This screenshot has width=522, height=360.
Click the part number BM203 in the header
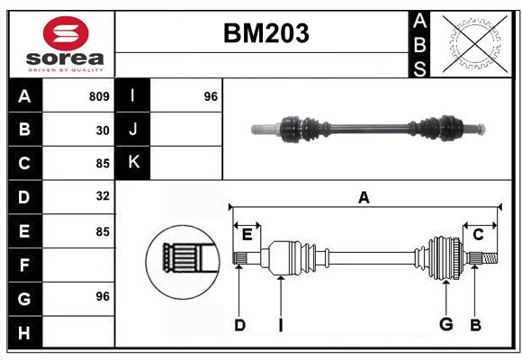pyautogui.click(x=265, y=33)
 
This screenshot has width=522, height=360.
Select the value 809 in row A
pyautogui.click(x=99, y=96)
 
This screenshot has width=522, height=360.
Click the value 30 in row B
pyautogui.click(x=103, y=130)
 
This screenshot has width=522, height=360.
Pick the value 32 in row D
pyautogui.click(x=103, y=195)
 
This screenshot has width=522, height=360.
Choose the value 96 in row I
pyautogui.click(x=211, y=96)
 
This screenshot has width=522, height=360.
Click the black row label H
pyautogui.click(x=24, y=333)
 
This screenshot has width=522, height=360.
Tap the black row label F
pyautogui.click(x=24, y=265)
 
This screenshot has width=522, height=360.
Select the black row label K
pyautogui.click(x=133, y=162)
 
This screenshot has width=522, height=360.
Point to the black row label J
pyautogui.click(x=133, y=130)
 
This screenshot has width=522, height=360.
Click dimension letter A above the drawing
pyautogui.click(x=364, y=198)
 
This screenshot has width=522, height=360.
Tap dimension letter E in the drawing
pyautogui.click(x=247, y=235)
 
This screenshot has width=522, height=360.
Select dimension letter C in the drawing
pyautogui.click(x=479, y=235)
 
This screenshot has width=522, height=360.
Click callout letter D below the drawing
pyautogui.click(x=239, y=325)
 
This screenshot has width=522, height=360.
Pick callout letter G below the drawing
pyautogui.click(x=445, y=325)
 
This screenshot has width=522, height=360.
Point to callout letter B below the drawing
pyautogui.click(x=475, y=325)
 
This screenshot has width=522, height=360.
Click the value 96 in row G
pyautogui.click(x=103, y=297)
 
